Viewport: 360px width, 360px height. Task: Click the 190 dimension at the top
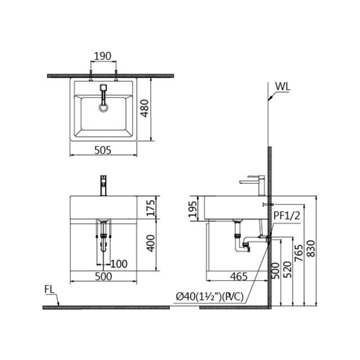(102, 56)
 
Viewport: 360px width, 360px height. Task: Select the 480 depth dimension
(145, 108)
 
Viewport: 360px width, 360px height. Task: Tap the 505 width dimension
(103, 150)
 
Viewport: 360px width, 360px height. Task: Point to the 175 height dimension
(151, 208)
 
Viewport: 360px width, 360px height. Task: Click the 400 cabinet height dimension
(151, 243)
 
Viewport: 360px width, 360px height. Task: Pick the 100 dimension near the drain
(119, 264)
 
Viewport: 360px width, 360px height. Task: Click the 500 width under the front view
(103, 276)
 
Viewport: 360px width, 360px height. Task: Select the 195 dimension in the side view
(192, 209)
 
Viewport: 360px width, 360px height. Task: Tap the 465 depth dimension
(238, 276)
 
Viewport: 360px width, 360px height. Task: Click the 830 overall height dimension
(311, 249)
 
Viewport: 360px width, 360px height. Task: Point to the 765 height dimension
(299, 253)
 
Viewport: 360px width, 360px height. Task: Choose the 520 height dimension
(287, 269)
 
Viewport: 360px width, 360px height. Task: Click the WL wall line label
(283, 87)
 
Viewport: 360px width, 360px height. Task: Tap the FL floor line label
(49, 290)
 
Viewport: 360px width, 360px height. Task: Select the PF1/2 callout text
(287, 216)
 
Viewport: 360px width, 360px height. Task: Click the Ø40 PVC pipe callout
(210, 297)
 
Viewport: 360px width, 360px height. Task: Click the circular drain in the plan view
(103, 107)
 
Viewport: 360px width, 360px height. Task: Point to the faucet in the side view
(253, 186)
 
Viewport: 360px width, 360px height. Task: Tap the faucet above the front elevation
(103, 186)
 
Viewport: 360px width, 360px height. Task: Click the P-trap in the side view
(242, 244)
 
